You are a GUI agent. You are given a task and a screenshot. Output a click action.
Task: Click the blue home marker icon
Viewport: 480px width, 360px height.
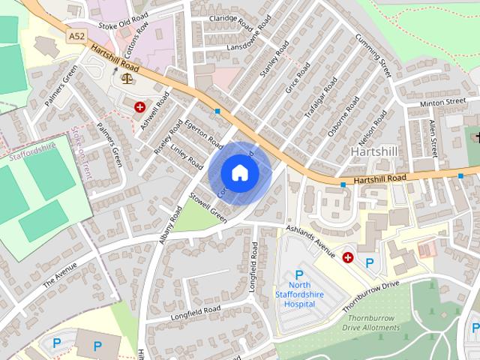click(238, 172)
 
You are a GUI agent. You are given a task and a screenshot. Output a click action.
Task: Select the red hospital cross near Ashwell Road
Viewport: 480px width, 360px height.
click(139, 106)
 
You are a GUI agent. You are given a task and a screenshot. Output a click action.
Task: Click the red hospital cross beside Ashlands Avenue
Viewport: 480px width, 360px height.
click(348, 257)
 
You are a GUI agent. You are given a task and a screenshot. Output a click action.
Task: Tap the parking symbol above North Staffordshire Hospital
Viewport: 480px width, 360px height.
click(299, 274)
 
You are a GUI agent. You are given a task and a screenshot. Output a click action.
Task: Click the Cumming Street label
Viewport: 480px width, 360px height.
click(373, 55)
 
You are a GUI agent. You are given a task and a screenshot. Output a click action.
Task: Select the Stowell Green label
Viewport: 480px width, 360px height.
click(208, 208)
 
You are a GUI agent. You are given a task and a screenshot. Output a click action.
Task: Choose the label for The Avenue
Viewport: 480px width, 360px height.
click(59, 279)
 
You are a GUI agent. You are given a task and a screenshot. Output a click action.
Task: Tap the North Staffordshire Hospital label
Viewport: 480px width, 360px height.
click(300, 294)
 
